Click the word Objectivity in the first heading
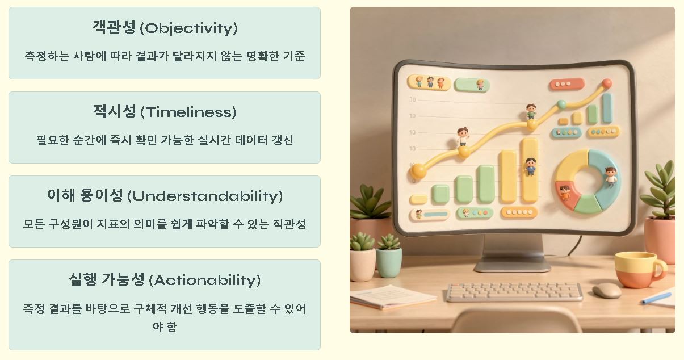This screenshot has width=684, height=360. (x=188, y=28)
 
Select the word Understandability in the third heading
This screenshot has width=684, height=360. (x=204, y=196)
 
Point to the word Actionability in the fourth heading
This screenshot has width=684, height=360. (x=204, y=281)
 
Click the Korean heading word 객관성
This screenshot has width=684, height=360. (x=114, y=27)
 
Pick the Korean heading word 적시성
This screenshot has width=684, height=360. (x=115, y=111)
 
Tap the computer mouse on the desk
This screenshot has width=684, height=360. (x=606, y=290)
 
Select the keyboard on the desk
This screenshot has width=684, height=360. (x=514, y=292)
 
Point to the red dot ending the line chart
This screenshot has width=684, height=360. (x=607, y=83)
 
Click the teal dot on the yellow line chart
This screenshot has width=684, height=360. (x=561, y=104)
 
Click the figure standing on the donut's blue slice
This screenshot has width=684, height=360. (x=610, y=175)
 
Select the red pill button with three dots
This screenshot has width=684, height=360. (x=566, y=84)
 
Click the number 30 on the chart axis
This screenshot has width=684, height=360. (x=412, y=100)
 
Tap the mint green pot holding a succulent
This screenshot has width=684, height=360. (x=389, y=262)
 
